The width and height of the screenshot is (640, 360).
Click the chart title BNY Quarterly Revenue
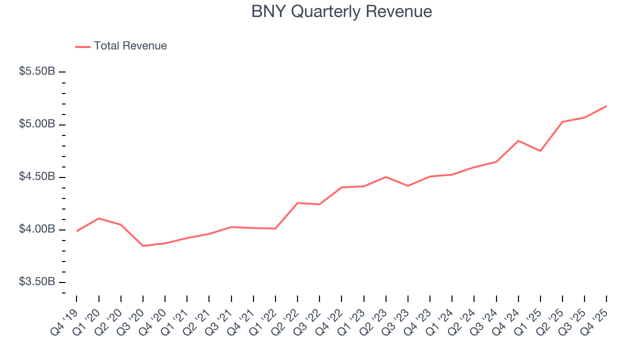coord(341,11)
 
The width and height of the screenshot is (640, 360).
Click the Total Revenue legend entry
coord(121,46)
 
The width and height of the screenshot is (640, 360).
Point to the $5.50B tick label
coord(37,71)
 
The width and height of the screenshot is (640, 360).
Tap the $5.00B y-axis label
coord(37,124)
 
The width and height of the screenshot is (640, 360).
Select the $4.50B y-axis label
coord(37,177)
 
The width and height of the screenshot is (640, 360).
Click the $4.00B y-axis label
coord(37,229)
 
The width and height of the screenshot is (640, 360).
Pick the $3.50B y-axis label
coord(37,282)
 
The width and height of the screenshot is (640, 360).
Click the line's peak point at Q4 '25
coord(606,106)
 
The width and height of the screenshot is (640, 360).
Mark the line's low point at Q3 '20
coord(143,246)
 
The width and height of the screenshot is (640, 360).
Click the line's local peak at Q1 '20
coord(99,218)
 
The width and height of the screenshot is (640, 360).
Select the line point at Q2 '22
coord(297,203)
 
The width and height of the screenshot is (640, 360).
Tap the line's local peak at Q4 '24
coord(518,141)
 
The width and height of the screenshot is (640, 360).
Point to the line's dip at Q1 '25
coord(540,151)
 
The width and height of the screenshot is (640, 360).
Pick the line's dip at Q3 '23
coord(408,186)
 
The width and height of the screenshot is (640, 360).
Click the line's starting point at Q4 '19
coord(77,231)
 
